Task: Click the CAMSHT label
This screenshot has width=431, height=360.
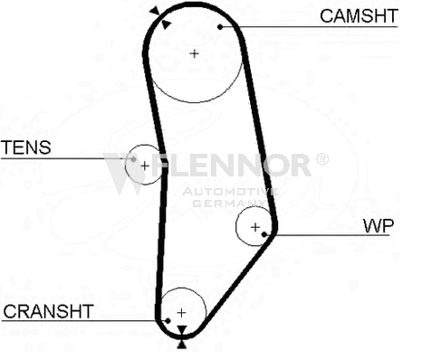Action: (x=359, y=16)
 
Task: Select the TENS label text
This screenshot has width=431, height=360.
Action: (x=26, y=147)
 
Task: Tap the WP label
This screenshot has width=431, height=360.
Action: (x=378, y=226)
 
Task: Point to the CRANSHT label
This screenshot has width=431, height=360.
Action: (x=48, y=311)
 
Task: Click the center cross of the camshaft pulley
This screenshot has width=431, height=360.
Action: (x=195, y=53)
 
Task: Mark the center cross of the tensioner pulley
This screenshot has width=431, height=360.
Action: (x=145, y=166)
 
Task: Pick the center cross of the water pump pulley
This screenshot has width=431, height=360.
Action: (x=255, y=227)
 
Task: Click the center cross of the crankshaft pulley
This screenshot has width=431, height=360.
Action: (x=181, y=313)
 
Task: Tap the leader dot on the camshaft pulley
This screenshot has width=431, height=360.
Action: (x=220, y=27)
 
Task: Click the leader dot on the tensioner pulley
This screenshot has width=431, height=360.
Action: (x=133, y=159)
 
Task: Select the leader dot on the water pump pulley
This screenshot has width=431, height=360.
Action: (x=264, y=234)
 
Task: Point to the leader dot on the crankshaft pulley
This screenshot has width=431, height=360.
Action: (x=168, y=321)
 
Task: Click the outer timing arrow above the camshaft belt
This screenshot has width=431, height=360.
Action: (x=154, y=11)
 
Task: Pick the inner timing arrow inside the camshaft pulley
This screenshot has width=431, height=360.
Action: (x=166, y=24)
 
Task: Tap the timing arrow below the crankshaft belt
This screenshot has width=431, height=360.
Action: (x=181, y=345)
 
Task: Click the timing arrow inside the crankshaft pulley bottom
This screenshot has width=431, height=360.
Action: (x=181, y=330)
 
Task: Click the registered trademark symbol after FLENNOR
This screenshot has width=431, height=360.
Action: (x=322, y=159)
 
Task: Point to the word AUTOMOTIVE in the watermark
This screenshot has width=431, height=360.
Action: (x=230, y=192)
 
